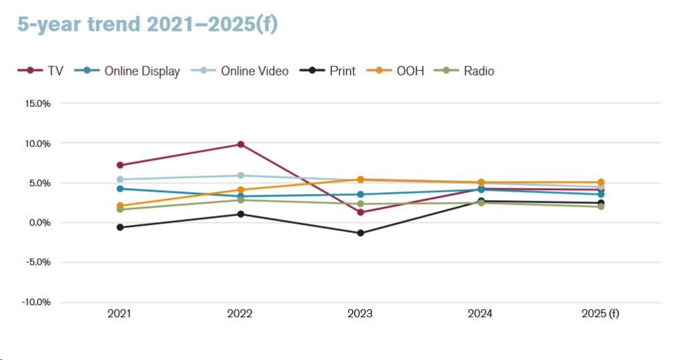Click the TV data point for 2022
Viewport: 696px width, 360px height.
point(240,145)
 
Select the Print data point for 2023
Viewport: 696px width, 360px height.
point(360,233)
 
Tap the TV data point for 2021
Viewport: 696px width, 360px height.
point(120,165)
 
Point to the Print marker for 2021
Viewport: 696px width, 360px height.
point(120,228)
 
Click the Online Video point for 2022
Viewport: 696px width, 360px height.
point(240,175)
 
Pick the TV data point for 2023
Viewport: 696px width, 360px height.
point(360,212)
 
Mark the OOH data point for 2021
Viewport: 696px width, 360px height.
point(120,206)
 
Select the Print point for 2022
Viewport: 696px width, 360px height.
point(240,214)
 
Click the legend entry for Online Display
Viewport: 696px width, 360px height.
point(134,71)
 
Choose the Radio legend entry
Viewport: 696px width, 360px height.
point(470,71)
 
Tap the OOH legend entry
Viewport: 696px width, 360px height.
point(402,71)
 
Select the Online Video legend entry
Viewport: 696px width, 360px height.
point(247,71)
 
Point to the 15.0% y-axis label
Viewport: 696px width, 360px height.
point(37,104)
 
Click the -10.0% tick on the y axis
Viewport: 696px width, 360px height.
point(35,302)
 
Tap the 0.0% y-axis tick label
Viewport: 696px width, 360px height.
point(39,223)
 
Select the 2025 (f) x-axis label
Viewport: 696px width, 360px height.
point(600,314)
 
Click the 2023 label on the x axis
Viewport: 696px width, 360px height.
point(360,314)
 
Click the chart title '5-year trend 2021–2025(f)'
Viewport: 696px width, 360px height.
point(147,24)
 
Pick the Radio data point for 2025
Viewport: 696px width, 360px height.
point(601,206)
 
